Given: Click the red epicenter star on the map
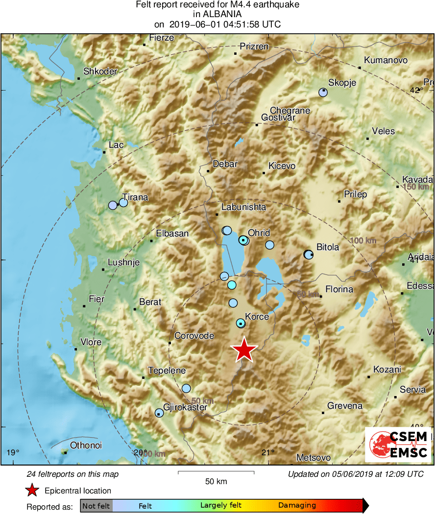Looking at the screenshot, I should point(244,350).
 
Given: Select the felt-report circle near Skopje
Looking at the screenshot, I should point(322,93).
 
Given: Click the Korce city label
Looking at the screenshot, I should point(257,317).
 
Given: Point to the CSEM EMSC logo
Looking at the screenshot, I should point(398,444).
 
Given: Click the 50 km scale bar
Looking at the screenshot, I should point(216,472).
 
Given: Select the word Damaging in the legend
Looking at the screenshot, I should point(297,505).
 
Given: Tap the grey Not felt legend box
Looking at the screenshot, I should point(96,505).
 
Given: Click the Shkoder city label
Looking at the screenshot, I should point(100,71).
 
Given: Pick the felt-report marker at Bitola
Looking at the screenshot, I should point(308,254).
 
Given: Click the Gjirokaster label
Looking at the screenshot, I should point(185,407).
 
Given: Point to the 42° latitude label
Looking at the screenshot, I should point(416,90).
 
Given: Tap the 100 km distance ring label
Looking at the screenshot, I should point(363,240).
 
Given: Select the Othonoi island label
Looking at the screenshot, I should point(86,445).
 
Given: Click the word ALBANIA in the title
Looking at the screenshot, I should point(217,14).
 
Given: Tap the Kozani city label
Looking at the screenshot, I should point(387,370).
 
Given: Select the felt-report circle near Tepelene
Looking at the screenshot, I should point(186,388).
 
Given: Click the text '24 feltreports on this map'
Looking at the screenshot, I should point(72,474).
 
